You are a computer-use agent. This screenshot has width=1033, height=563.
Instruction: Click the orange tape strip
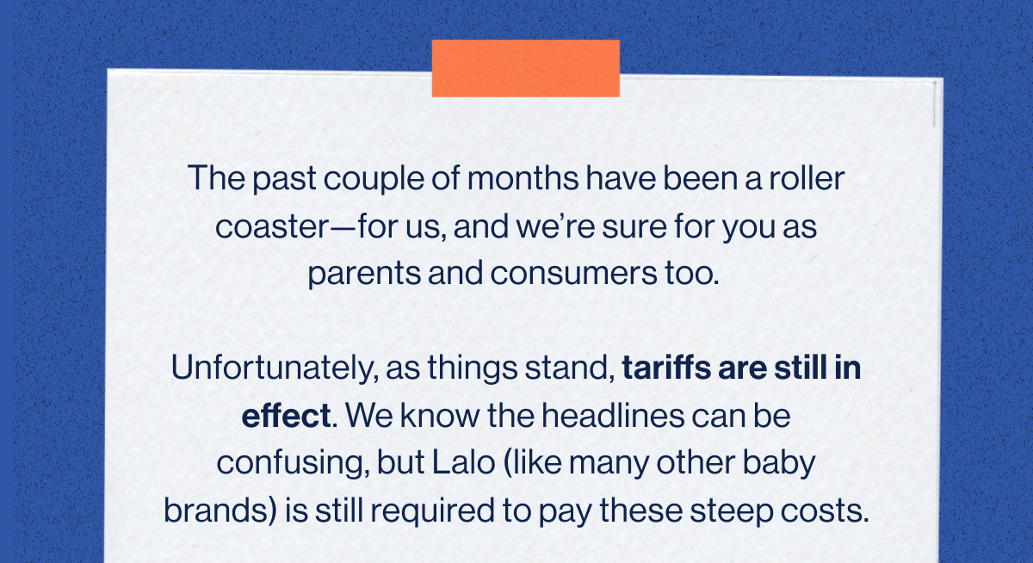point(525,68)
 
